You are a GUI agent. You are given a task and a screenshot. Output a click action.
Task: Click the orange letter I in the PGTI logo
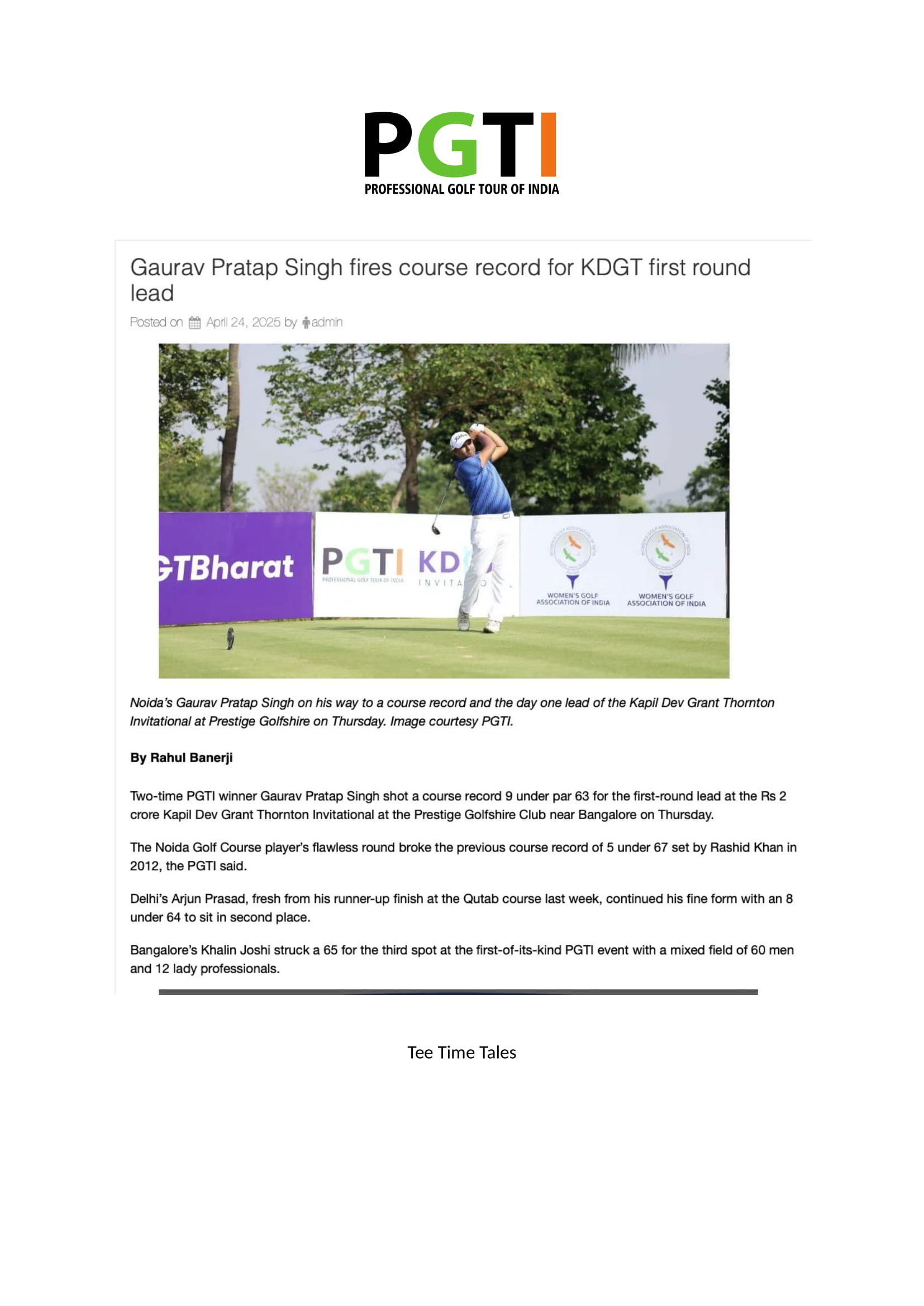click(547, 145)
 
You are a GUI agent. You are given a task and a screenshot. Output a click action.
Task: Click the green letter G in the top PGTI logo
click(448, 145)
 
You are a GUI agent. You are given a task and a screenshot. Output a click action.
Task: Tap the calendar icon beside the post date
click(194, 323)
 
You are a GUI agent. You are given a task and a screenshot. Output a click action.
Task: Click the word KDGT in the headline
click(611, 268)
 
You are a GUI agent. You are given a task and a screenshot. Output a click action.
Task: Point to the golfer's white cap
click(459, 439)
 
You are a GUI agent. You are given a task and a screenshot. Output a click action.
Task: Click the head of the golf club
click(436, 530)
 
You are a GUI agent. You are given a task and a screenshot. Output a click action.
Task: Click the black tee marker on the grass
click(230, 638)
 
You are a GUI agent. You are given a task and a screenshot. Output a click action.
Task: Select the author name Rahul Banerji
click(191, 758)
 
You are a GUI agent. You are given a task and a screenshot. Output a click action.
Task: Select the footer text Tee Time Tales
click(461, 1053)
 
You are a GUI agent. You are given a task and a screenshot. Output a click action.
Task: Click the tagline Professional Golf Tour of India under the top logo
click(461, 189)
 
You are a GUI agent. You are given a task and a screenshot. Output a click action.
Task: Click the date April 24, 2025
click(243, 323)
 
